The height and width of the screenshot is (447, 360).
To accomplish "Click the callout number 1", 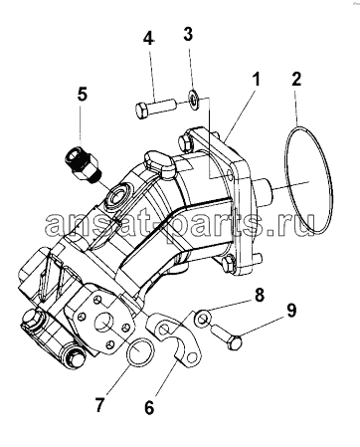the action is click(256, 81).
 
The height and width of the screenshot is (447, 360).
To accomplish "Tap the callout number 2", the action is click(296, 79).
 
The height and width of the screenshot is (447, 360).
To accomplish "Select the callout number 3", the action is click(188, 34).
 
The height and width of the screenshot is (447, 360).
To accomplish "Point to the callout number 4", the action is click(148, 38).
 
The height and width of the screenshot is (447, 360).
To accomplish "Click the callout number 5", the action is click(83, 94).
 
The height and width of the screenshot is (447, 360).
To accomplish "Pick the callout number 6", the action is click(149, 407).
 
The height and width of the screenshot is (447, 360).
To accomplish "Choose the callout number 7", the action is click(100, 404).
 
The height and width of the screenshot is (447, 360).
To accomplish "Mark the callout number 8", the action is click(259, 296).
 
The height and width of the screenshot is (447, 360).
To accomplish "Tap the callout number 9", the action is click(290, 311).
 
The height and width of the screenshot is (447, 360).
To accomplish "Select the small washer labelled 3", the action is click(193, 100).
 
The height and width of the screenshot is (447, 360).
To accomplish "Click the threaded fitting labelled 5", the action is click(83, 163).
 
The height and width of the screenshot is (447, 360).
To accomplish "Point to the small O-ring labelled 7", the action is click(141, 351).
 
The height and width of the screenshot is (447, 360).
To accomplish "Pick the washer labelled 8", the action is click(202, 319).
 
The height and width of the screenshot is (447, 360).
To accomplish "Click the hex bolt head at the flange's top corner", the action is click(186, 142).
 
